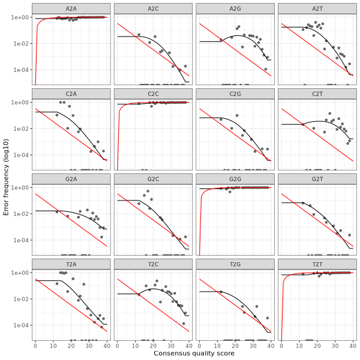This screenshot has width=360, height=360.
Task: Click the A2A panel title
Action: coord(71,8)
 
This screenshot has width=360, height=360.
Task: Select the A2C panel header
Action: coord(153,8)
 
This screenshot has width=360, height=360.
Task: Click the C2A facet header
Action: coord(71,93)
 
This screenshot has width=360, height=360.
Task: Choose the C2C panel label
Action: coord(153,93)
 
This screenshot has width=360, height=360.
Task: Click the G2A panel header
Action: coord(71,178)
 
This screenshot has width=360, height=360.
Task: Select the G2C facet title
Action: coord(153,178)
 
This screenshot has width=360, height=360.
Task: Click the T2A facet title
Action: coord(71,263)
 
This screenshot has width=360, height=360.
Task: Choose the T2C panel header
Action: coord(153,263)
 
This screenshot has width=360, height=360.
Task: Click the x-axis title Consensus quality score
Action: coord(194,353)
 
